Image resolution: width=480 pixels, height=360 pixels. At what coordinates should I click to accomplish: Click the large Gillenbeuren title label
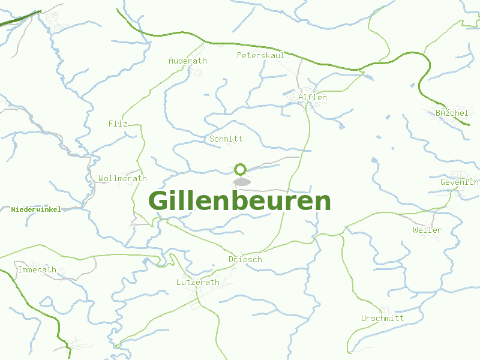coord(239,201)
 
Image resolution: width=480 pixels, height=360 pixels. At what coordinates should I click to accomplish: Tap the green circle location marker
coord(241,169)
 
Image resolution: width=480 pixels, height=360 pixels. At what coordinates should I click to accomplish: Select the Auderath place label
coord(187,61)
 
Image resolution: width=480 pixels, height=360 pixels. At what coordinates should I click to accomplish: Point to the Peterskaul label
coord(260,55)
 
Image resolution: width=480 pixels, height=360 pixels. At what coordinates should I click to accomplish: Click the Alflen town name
coord(313,97)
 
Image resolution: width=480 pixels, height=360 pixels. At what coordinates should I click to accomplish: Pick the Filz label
coord(118,124)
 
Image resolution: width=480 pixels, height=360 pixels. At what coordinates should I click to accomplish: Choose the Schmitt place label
coord(226,139)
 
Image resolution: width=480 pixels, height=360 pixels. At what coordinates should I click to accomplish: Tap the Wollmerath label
coord(122,178)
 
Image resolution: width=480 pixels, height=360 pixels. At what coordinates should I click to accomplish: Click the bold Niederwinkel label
coord(36,209)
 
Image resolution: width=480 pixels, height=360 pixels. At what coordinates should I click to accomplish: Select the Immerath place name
coord(37,269)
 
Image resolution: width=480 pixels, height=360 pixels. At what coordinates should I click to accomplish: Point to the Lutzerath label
coord(197,281)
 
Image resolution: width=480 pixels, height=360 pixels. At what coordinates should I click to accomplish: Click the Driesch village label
coord(245,259)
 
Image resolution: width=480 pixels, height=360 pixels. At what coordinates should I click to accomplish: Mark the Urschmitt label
coord(382,318)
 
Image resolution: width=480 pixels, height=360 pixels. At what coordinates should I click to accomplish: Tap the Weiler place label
coord(427,230)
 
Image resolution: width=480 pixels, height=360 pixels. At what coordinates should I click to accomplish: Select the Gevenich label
coord(459,182)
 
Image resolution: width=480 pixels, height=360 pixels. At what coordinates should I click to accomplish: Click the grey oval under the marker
coord(242,182)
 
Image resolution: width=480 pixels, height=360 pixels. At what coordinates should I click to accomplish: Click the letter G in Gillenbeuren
coord(158,201)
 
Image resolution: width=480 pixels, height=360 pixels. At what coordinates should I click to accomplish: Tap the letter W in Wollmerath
coord(101,178)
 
